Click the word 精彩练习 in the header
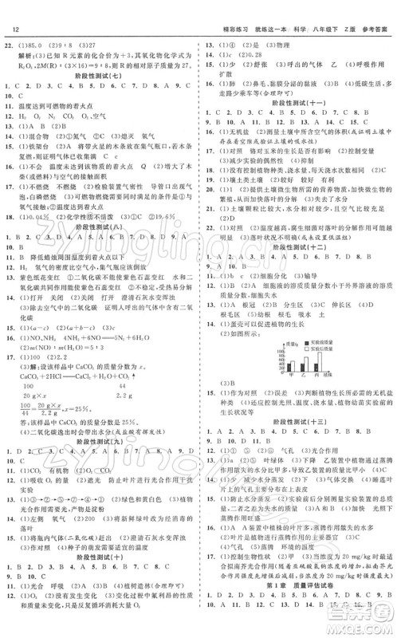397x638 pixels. [219, 10]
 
